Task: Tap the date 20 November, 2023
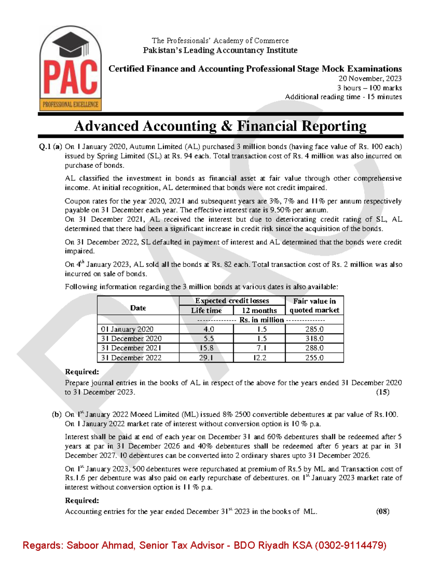tap(370, 78)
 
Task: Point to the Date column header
tap(138, 308)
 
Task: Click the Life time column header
tap(206, 310)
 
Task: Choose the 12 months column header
tap(259, 310)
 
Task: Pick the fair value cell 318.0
tap(314, 339)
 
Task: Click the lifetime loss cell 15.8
tap(206, 348)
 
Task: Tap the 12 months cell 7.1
tap(259, 348)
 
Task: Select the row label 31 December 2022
tap(131, 358)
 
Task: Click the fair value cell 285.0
tap(314, 329)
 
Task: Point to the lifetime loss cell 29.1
tap(206, 358)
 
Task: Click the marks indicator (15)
tap(383, 392)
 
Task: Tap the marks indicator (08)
tap(383, 511)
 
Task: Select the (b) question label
tap(57, 415)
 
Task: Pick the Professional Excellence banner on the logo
tap(71, 104)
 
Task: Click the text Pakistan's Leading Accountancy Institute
tap(220, 50)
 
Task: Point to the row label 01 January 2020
tap(127, 329)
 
